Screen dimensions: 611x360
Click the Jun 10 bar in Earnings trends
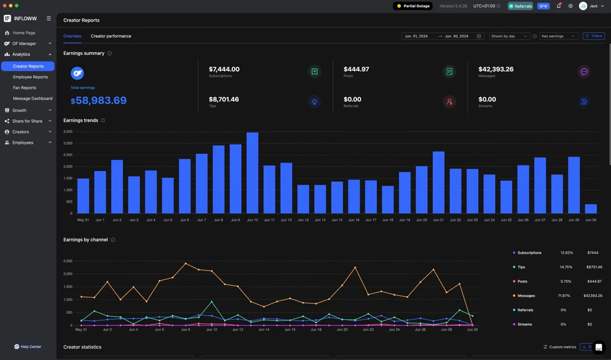coord(253,173)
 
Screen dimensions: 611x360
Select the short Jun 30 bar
coord(591,209)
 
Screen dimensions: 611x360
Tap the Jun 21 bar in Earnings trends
coord(438,182)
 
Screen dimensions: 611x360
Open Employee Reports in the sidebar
coord(30,77)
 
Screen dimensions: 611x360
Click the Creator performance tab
coord(111,36)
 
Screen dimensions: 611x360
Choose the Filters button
coord(594,36)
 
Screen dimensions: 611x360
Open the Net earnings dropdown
coord(558,36)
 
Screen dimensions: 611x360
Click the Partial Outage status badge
coord(413,6)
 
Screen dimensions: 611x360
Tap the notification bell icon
coord(559,6)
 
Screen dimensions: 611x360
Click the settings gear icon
coord(570,6)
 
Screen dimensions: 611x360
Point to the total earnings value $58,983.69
coord(98,100)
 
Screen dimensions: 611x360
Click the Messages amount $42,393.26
coord(496,69)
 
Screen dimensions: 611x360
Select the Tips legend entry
coord(519,267)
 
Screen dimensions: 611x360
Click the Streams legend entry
coord(522,324)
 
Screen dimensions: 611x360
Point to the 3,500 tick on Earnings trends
coord(68,131)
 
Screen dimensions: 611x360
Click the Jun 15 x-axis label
coord(337,220)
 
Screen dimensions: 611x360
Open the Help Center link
coord(28,347)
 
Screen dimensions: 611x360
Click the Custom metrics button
coord(560,347)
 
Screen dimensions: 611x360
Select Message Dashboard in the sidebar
coord(33,98)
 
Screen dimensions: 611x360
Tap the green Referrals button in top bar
coord(520,6)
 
